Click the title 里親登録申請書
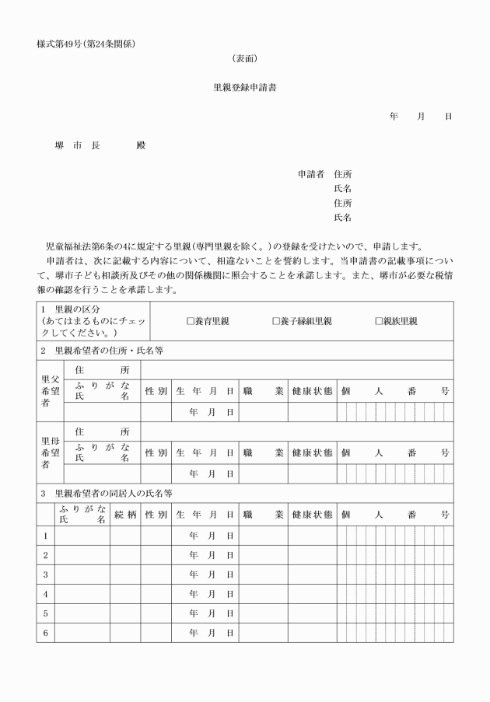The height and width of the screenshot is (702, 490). tap(245, 87)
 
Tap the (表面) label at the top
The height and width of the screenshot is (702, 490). tap(245, 58)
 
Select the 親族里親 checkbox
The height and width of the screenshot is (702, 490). tap(379, 321)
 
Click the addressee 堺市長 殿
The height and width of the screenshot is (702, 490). tap(100, 145)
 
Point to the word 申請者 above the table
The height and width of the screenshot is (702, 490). tap(311, 174)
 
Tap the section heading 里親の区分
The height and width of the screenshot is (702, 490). tap(77, 309)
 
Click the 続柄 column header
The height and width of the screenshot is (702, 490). tap(124, 515)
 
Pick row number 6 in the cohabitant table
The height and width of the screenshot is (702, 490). tap(45, 633)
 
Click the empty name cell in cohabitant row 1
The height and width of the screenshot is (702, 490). tap(82, 536)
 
